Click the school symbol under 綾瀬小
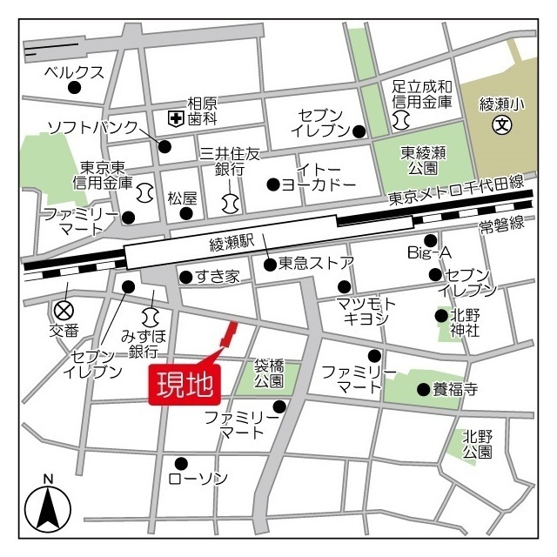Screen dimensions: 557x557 point(501,124)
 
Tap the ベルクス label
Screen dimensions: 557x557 point(74,72)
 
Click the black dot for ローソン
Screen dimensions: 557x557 point(181,463)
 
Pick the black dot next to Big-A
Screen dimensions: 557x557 point(430,240)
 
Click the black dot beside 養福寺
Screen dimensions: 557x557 point(423,389)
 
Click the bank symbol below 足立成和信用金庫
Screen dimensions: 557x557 point(402,117)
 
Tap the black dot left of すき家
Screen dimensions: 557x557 point(185,278)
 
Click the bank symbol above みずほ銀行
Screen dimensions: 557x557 point(150,315)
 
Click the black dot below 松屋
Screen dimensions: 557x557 point(185,212)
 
